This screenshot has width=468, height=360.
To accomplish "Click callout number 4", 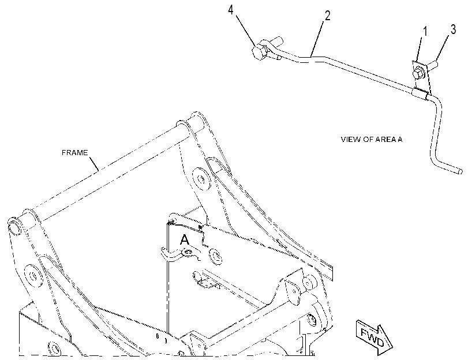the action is [x=230, y=10].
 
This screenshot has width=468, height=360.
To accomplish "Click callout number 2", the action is [x=327, y=16].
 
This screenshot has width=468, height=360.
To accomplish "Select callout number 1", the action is [x=425, y=31].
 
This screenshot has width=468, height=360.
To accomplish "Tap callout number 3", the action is [x=453, y=29].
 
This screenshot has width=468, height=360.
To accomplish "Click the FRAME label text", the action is [x=74, y=153].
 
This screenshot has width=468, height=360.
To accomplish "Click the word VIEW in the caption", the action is [x=351, y=140].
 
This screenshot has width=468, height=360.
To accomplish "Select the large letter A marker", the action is [x=185, y=239].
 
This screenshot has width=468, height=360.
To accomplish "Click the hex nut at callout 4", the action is [x=258, y=52].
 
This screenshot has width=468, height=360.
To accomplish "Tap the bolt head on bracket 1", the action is [x=417, y=74].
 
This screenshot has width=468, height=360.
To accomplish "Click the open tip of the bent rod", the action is [x=460, y=172].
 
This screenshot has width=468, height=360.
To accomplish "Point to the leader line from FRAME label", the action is [x=93, y=164].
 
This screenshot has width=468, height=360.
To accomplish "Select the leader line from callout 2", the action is [x=317, y=38].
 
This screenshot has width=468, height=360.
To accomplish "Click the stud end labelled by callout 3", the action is [x=433, y=64].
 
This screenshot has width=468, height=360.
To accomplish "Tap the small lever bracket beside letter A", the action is [x=180, y=254].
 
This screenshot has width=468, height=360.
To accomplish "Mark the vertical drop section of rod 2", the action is [x=436, y=132].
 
